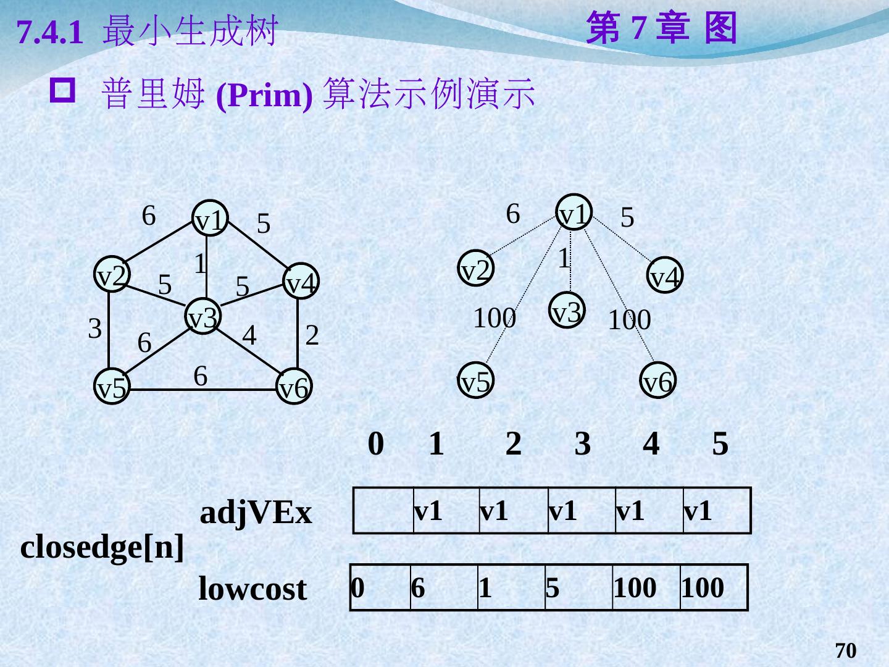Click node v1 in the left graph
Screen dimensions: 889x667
pyautogui.click(x=209, y=219)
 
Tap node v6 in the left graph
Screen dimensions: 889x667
pyautogui.click(x=293, y=387)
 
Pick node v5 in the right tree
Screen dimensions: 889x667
pyautogui.click(x=475, y=380)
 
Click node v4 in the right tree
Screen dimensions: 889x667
pyautogui.click(x=665, y=275)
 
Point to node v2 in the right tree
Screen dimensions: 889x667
pyautogui.click(x=477, y=269)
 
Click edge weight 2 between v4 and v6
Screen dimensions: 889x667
pyautogui.click(x=312, y=335)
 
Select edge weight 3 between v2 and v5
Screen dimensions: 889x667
pyautogui.click(x=94, y=329)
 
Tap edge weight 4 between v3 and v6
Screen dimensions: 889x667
pyautogui.click(x=249, y=335)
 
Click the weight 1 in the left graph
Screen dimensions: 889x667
pyautogui.click(x=200, y=264)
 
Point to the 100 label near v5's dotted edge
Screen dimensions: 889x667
pyautogui.click(x=494, y=318)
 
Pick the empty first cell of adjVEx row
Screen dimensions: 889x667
pyautogui.click(x=383, y=511)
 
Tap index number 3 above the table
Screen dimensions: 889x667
pyautogui.click(x=582, y=443)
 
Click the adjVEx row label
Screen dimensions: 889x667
pyautogui.click(x=256, y=513)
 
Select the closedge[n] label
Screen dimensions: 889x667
pyautogui.click(x=102, y=547)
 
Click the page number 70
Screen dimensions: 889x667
pyautogui.click(x=846, y=651)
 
